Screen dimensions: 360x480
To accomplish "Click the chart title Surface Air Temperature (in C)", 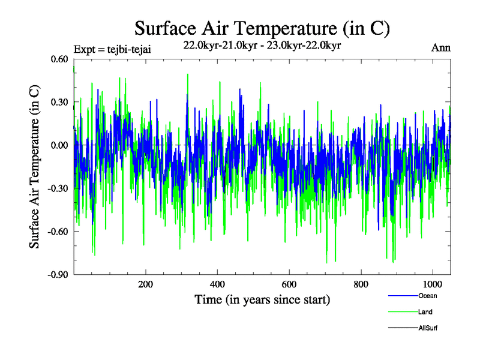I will [262, 28].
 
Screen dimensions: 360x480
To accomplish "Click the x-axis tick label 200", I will [146, 285].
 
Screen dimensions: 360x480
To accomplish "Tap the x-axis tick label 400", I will [218, 285].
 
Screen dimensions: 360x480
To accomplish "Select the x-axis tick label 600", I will [289, 285].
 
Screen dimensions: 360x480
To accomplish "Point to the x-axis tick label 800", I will [361, 285].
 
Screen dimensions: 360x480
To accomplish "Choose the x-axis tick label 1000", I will [433, 285].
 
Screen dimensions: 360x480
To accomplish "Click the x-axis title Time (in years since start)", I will [262, 299].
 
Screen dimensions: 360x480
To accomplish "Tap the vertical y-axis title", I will [35, 166].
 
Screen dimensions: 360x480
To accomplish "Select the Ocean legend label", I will [428, 296].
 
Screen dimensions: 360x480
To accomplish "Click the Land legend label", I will [425, 312].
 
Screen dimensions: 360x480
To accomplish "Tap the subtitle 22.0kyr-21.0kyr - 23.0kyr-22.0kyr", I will [262, 46].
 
